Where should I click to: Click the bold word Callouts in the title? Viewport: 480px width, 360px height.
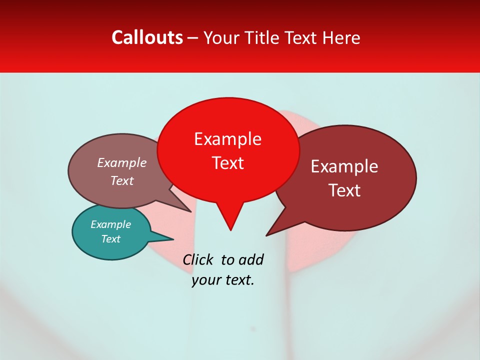[x=147, y=37]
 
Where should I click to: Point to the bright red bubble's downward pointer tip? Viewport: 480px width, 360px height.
[x=230, y=229]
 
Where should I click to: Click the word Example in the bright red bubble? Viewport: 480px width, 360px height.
[x=227, y=139]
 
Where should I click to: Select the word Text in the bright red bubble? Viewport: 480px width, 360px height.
[x=227, y=163]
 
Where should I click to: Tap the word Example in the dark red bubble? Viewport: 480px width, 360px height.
[x=344, y=166]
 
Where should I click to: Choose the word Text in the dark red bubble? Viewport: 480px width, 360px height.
[x=344, y=190]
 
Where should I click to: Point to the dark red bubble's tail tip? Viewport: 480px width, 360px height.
[x=267, y=235]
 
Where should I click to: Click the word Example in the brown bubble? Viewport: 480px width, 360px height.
[x=122, y=162]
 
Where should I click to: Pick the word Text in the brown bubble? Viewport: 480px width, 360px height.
[x=122, y=180]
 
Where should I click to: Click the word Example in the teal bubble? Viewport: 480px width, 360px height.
[x=110, y=224]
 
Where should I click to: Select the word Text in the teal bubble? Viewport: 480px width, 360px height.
[x=110, y=239]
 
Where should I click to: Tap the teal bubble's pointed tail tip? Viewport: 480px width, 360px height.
[x=172, y=238]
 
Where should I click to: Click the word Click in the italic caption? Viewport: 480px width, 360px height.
[x=198, y=259]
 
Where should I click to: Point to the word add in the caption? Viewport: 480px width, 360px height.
[x=251, y=259]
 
